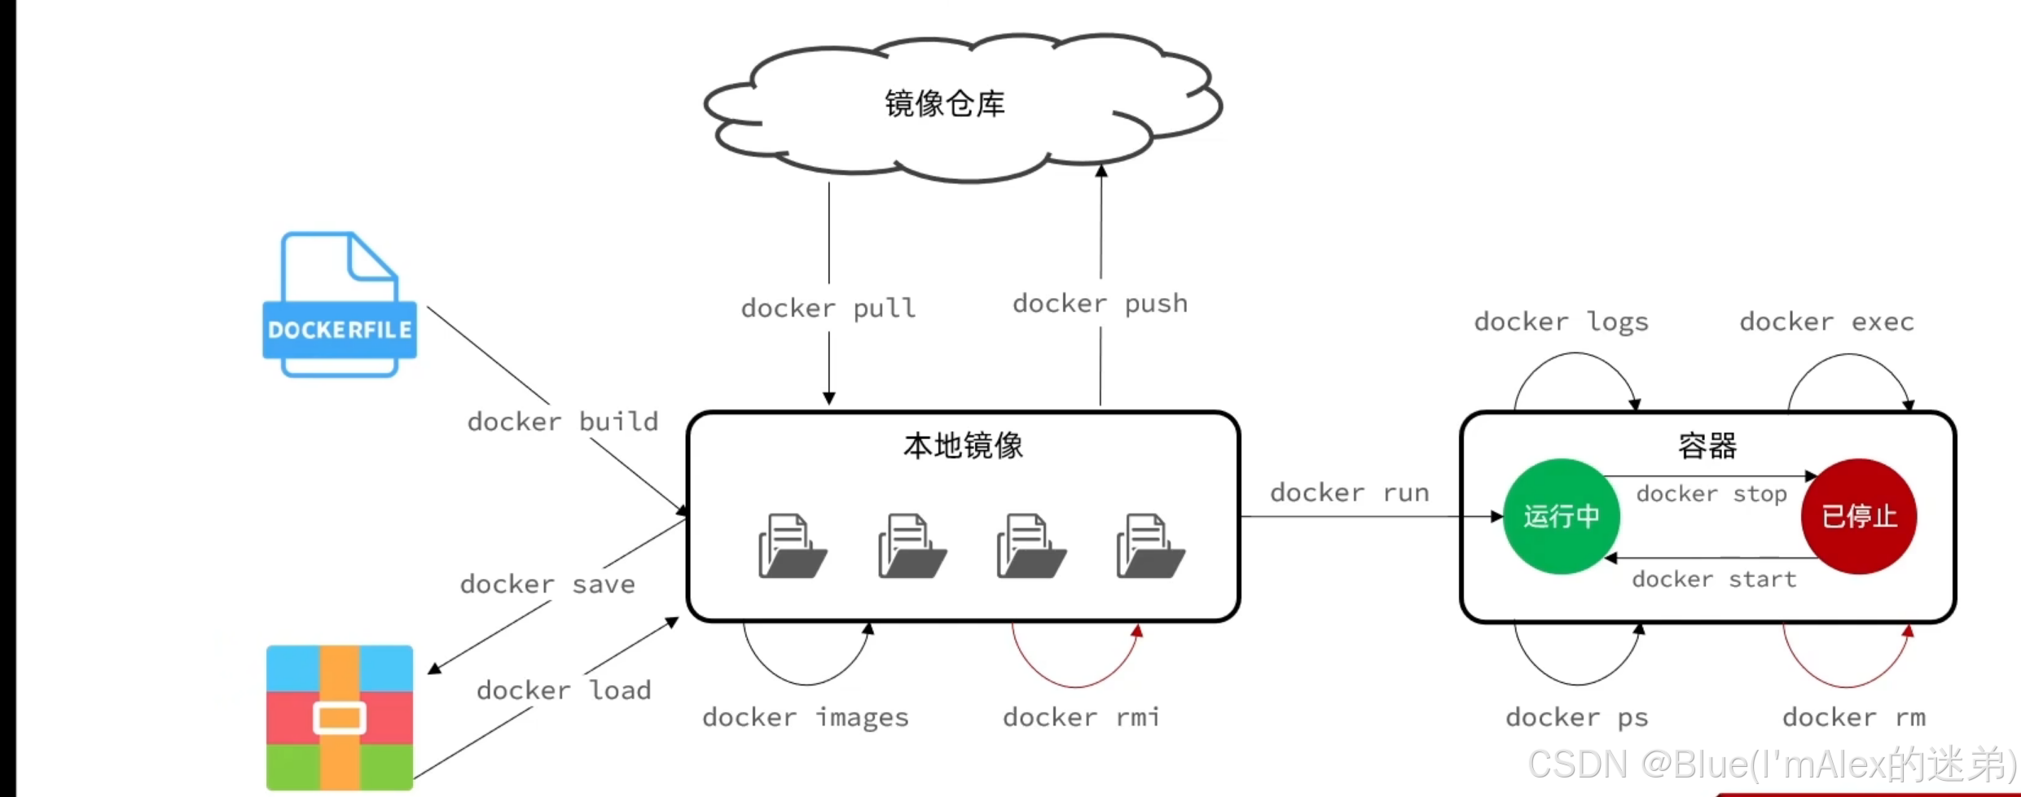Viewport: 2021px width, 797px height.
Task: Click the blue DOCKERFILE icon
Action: [x=340, y=306]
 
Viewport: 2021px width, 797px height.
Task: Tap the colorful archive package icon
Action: [x=340, y=717]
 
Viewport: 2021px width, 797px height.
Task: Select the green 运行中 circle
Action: [x=1561, y=516]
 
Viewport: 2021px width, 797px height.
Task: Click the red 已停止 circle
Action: [x=1859, y=516]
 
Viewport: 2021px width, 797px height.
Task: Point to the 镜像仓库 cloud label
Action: [x=945, y=104]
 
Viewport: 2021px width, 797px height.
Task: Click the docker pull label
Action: [x=828, y=309]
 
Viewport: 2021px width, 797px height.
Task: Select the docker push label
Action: [x=1100, y=304]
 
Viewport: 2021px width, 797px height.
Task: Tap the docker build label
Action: [x=563, y=422]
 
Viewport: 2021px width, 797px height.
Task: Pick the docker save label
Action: [x=547, y=585]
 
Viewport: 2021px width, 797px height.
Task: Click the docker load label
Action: [x=564, y=690]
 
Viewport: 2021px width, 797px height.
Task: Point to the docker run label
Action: [x=1350, y=493]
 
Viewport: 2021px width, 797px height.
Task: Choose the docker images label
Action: [x=806, y=717]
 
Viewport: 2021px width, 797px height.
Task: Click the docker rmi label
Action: [x=1081, y=717]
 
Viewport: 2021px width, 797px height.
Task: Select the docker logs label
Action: [x=1562, y=322]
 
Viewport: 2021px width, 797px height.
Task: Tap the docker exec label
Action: [x=1827, y=322]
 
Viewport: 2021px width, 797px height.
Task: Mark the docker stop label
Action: [x=1711, y=494]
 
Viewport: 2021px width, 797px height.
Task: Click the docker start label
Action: [x=1714, y=580]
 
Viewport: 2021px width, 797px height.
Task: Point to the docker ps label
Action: [x=1577, y=717]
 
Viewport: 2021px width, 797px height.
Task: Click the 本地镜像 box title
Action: [x=963, y=446]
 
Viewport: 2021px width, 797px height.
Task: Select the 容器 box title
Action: [x=1707, y=446]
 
